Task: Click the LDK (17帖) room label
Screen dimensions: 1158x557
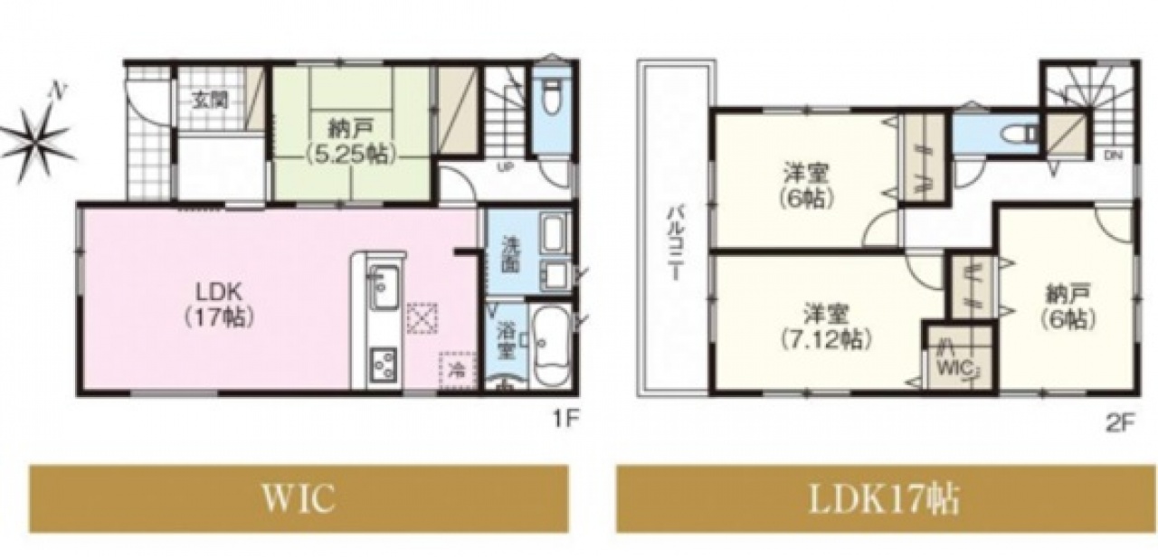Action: [219, 306]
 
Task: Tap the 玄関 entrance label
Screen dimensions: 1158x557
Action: [211, 100]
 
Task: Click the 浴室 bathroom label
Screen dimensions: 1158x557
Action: [506, 341]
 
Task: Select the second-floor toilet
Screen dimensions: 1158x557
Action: [1020, 134]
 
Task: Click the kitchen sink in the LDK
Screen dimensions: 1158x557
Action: [382, 288]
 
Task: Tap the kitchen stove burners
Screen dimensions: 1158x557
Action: [383, 364]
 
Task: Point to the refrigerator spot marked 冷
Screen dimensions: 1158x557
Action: [457, 370]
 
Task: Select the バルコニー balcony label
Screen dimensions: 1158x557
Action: [675, 243]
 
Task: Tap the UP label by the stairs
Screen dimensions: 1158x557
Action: [504, 167]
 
